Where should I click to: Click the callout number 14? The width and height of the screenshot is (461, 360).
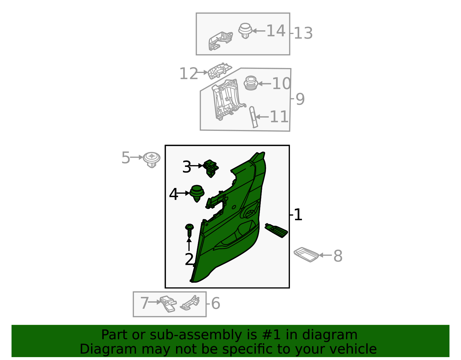[x=275, y=31]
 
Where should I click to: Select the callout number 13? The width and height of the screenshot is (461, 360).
[x=303, y=33]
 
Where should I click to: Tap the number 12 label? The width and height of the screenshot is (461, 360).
[x=188, y=73]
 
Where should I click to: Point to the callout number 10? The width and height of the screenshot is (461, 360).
[x=281, y=84]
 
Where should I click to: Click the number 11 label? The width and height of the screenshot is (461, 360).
[x=279, y=117]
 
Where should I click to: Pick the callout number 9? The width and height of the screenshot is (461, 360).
[x=300, y=99]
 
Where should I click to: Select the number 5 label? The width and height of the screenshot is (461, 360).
[x=126, y=158]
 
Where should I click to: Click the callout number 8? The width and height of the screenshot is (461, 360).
[x=338, y=256]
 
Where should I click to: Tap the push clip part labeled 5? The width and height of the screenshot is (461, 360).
[x=152, y=160]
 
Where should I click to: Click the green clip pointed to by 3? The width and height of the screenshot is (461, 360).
[x=211, y=168]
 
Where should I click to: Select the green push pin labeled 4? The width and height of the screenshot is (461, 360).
[x=197, y=194]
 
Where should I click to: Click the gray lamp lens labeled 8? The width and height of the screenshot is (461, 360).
[x=306, y=254]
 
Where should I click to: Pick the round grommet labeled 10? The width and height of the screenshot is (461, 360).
[x=251, y=83]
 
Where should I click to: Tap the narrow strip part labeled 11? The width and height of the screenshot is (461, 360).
[x=253, y=117]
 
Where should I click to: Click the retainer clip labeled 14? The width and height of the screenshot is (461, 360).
[x=245, y=31]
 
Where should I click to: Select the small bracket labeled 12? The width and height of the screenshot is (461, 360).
[x=219, y=71]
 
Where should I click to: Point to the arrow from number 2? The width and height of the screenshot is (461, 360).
[x=189, y=244]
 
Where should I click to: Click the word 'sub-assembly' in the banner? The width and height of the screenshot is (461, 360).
[x=196, y=335]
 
